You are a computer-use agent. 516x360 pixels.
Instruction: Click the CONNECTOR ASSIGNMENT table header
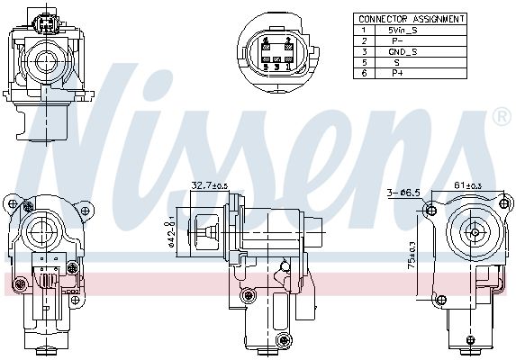click(x=412, y=18)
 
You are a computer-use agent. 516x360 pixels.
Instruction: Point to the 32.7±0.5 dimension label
click(x=209, y=186)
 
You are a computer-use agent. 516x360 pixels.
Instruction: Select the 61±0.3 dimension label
click(x=467, y=185)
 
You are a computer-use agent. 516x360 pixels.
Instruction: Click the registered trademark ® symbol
click(x=502, y=117)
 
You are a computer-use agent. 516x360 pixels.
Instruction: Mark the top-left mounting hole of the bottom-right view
click(x=430, y=211)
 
